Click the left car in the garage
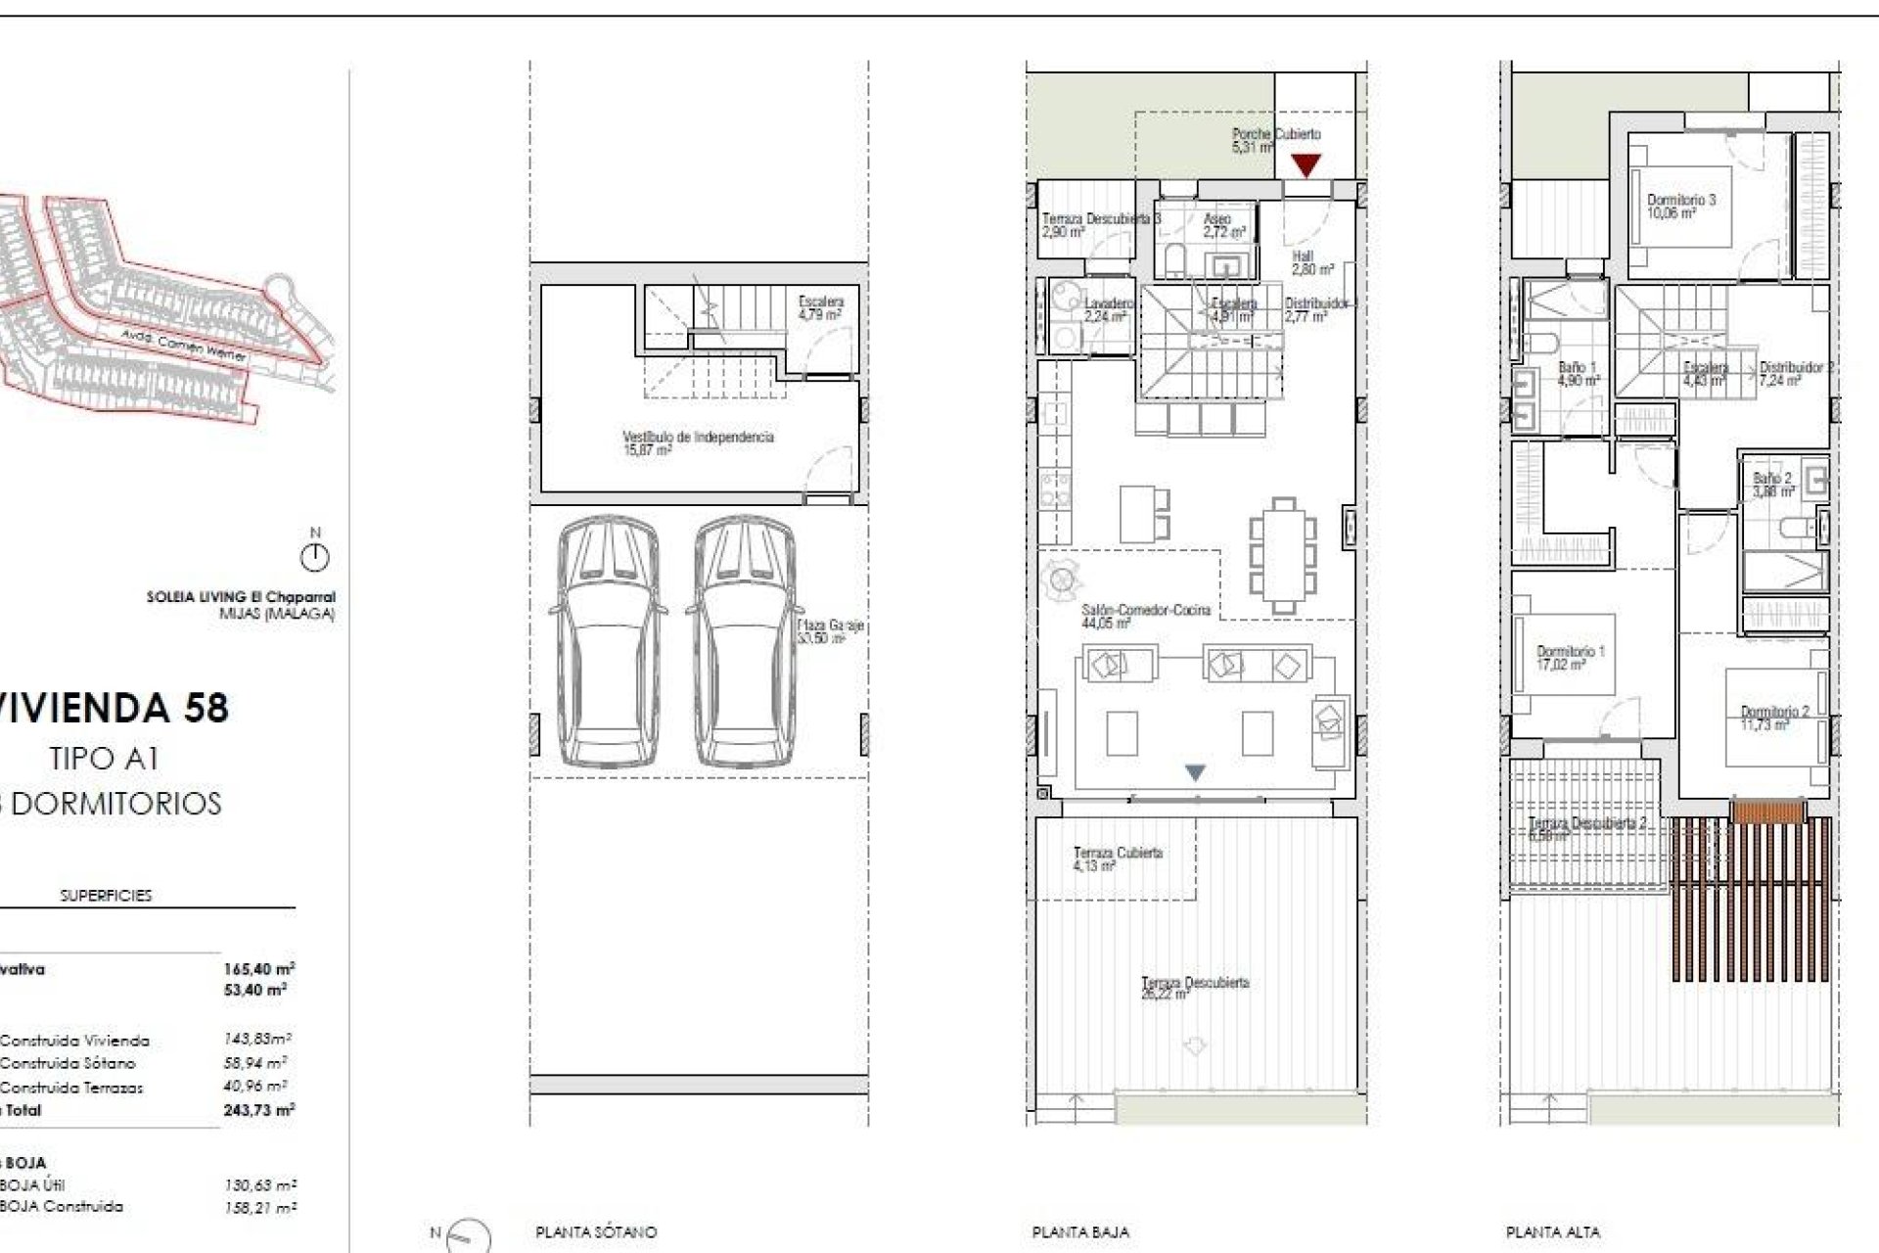pyautogui.click(x=608, y=642)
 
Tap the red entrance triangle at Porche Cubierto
pyautogui.click(x=1306, y=164)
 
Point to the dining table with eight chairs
pyautogui.click(x=1283, y=556)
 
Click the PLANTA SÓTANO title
pyautogui.click(x=596, y=1232)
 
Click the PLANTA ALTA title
pyautogui.click(x=1552, y=1232)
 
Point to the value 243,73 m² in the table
pyautogui.click(x=258, y=1110)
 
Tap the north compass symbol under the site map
pyautogui.click(x=314, y=558)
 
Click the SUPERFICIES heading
pyautogui.click(x=106, y=896)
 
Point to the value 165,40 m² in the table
pyautogui.click(x=258, y=969)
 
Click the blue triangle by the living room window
pyautogui.click(x=1195, y=772)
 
